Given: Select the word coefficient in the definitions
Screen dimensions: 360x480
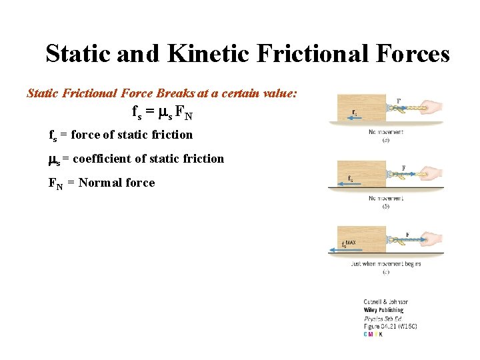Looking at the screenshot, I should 104,159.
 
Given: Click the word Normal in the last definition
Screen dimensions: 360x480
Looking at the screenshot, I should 102,183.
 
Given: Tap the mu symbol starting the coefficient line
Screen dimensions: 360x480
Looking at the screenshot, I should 53,159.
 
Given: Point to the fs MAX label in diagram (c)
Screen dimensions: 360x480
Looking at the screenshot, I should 347,244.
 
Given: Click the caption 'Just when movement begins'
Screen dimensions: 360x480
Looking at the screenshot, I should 385,264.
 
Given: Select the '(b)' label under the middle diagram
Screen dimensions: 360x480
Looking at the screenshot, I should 385,207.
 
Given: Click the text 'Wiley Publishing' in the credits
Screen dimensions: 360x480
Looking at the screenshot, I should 383,310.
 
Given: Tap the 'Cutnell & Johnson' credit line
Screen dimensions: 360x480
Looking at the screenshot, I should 385,302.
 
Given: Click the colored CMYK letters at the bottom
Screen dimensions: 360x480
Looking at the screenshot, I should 373,334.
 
